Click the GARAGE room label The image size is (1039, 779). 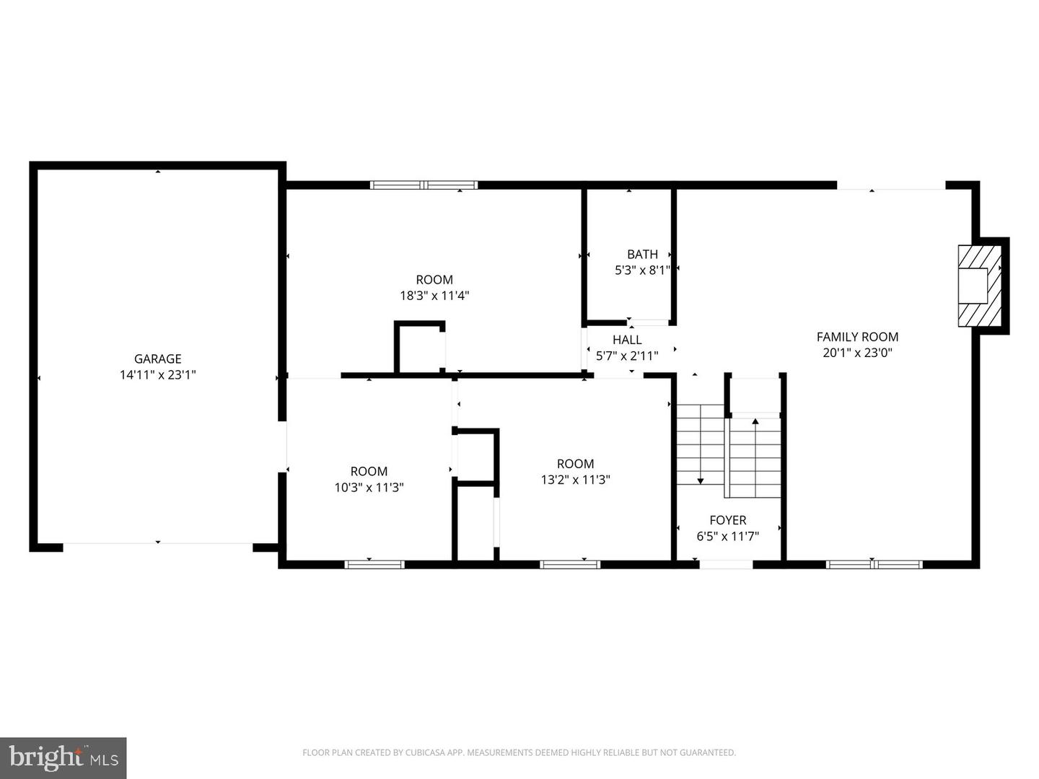click(157, 359)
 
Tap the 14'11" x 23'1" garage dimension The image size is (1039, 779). click(157, 375)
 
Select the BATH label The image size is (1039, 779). click(642, 255)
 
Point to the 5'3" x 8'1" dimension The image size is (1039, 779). click(642, 270)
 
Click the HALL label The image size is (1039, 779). click(627, 340)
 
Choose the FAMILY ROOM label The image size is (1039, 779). click(857, 337)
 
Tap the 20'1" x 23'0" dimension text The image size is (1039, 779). click(857, 353)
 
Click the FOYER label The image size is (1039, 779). click(728, 520)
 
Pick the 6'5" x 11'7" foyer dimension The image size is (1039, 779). click(728, 537)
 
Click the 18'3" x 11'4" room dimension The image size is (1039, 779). click(434, 296)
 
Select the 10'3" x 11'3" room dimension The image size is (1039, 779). click(369, 487)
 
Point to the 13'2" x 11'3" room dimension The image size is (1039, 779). click(576, 480)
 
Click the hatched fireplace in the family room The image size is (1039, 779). click(980, 286)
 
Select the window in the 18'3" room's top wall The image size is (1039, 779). click(424, 185)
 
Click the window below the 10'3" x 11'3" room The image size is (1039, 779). click(374, 564)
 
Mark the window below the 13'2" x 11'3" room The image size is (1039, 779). click(570, 564)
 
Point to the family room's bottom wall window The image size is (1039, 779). click(874, 564)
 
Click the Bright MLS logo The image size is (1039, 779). click(63, 757)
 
